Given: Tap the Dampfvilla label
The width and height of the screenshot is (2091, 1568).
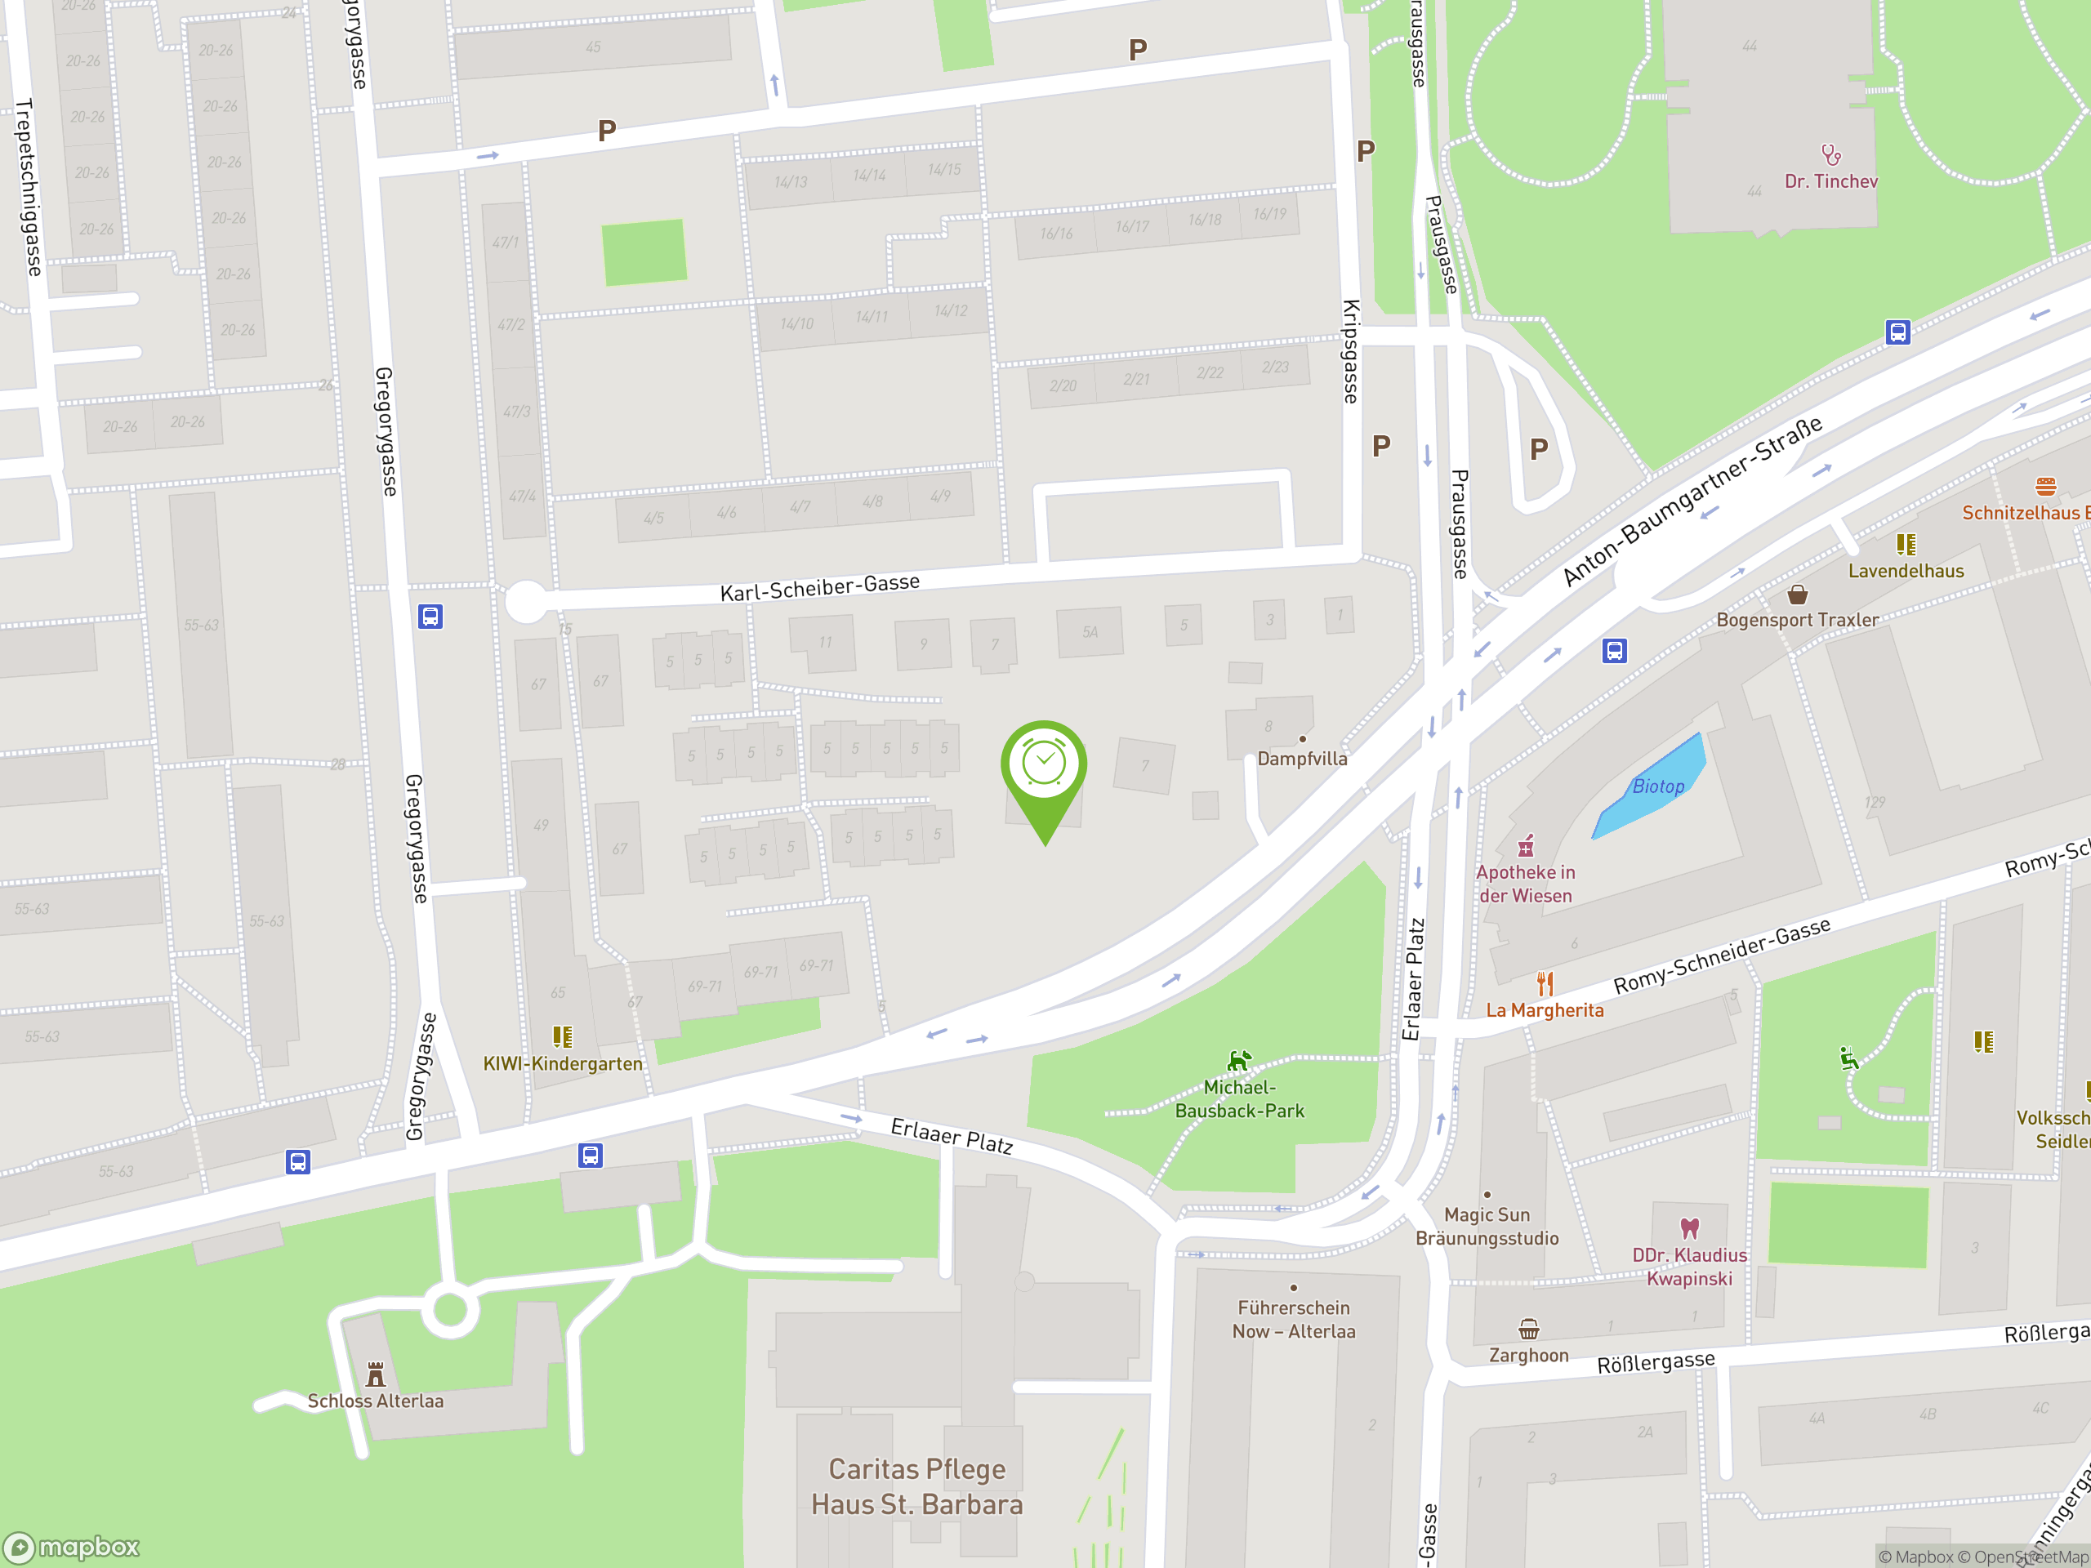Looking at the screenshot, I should [x=1302, y=758].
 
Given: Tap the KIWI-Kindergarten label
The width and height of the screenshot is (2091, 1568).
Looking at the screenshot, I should [x=563, y=1063].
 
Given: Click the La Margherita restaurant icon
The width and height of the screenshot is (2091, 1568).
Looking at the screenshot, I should [x=1545, y=984].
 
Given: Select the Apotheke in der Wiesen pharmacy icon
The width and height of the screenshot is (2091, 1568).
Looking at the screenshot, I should [x=1526, y=845].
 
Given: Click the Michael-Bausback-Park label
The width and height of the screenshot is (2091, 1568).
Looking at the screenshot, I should [x=1239, y=1098].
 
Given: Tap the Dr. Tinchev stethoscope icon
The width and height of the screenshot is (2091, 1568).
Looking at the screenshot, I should [x=1831, y=154].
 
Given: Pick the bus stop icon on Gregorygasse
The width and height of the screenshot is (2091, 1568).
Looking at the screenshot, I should [x=430, y=617].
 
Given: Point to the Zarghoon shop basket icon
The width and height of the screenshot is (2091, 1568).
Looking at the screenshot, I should [x=1528, y=1329].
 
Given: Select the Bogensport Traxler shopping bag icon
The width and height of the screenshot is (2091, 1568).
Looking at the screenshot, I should [x=1797, y=595].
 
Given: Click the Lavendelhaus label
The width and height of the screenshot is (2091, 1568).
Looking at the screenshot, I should [x=1906, y=571].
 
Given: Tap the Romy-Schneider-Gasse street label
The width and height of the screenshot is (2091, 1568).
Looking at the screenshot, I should [x=1721, y=955].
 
